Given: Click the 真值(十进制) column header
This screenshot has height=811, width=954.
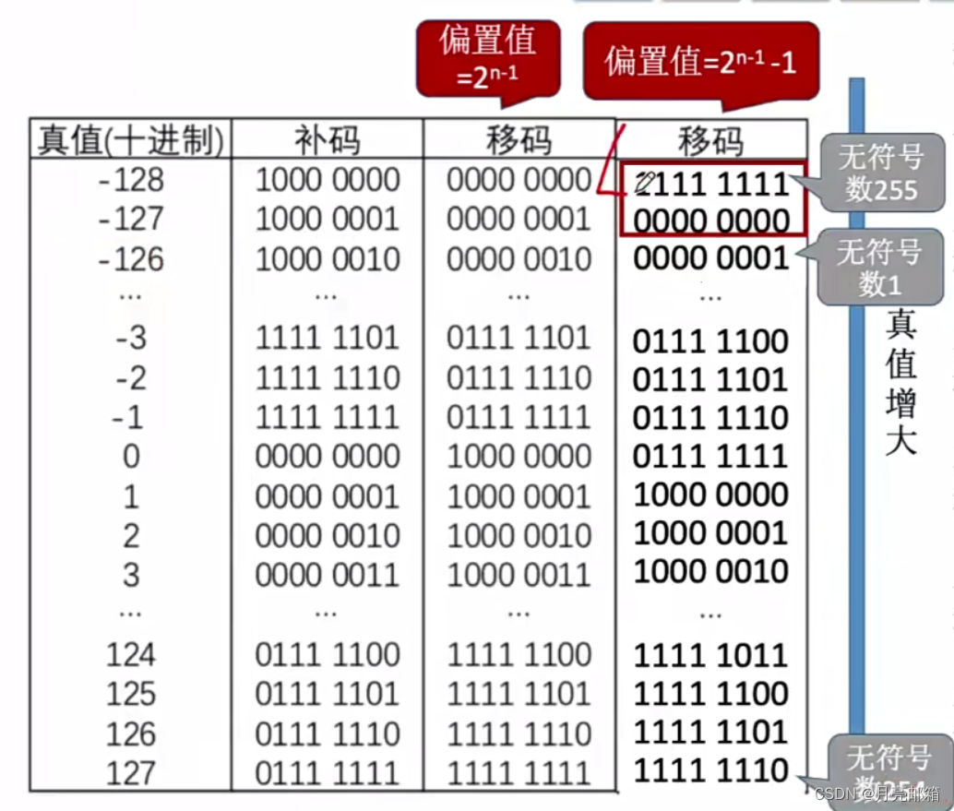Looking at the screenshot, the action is (x=130, y=140).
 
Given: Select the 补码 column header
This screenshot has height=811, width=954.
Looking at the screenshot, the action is (x=328, y=140).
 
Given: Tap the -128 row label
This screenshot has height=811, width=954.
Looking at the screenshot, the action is (x=131, y=179).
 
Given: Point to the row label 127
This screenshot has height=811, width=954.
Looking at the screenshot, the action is (x=131, y=772).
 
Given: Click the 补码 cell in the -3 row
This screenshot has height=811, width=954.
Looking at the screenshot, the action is (x=328, y=339).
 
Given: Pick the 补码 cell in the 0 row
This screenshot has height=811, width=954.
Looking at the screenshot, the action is (x=328, y=456).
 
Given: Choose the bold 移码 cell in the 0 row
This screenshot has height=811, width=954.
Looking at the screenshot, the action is (x=710, y=456).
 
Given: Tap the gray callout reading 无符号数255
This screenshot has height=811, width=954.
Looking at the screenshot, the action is (x=881, y=173).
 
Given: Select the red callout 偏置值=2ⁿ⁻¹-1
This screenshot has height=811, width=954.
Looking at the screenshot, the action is (x=700, y=62).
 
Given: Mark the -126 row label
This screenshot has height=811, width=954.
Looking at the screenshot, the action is (x=131, y=259).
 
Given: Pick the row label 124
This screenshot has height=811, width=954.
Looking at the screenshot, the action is (x=131, y=655).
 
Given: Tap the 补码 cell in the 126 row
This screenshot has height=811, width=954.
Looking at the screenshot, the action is (x=328, y=734).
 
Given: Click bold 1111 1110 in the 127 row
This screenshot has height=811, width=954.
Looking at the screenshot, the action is (x=710, y=770).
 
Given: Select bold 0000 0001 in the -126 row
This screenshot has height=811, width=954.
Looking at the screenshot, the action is (x=710, y=258).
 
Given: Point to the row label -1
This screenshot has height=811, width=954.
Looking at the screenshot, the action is (x=131, y=417).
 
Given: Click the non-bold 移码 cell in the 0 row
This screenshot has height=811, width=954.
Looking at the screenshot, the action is (x=519, y=456).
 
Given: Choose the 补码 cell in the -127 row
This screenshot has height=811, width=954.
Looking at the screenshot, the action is (x=328, y=219).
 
